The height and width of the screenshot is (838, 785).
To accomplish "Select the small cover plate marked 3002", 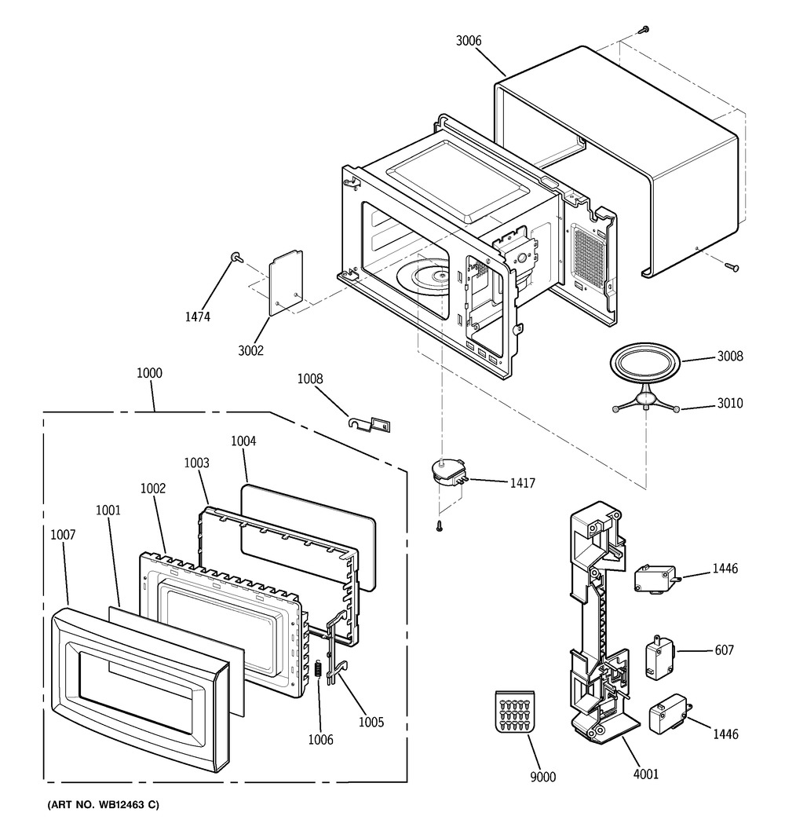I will click(x=285, y=282).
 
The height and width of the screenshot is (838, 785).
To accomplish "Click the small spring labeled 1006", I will click(x=319, y=672).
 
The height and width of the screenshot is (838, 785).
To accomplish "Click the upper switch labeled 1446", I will click(x=652, y=580).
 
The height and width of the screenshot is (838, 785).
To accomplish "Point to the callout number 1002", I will click(x=153, y=488).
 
